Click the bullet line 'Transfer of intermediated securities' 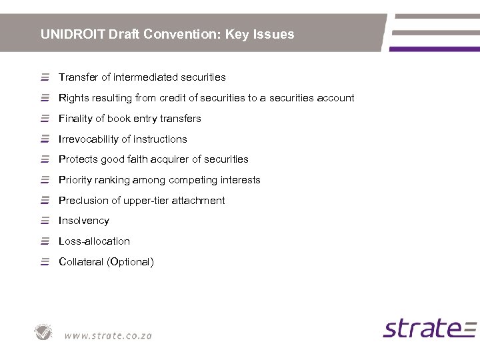(142, 77)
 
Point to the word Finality (77, 119)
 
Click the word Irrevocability (89, 139)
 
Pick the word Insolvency (83, 221)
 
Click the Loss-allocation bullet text (94, 241)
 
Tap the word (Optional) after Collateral (130, 262)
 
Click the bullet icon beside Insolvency (45, 221)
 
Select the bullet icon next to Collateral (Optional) (45, 262)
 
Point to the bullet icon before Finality (45, 119)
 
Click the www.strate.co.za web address (108, 335)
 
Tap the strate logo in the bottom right (429, 328)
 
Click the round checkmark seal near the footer (44, 332)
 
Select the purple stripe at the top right (434, 49)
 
